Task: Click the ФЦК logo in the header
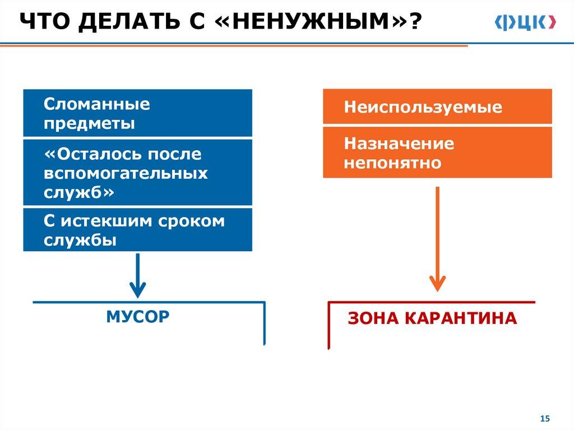pyautogui.click(x=525, y=22)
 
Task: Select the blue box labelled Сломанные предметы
pyautogui.click(x=137, y=113)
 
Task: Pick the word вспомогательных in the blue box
pyautogui.click(x=126, y=173)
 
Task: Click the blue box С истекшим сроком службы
pyautogui.click(x=137, y=230)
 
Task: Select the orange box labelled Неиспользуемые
pyautogui.click(x=437, y=107)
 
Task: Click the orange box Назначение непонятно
pyautogui.click(x=437, y=152)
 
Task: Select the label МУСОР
pyautogui.click(x=137, y=317)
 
